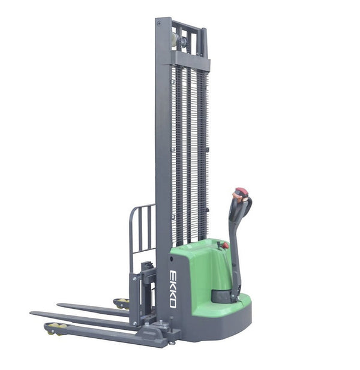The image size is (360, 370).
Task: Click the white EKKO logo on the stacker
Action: [x=173, y=288]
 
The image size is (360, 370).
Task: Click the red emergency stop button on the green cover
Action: [x=226, y=245]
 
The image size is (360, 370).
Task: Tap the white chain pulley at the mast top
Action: [x=174, y=40]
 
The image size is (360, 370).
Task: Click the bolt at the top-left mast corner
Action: [x=160, y=23]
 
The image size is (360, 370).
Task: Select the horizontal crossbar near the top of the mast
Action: [x=191, y=59]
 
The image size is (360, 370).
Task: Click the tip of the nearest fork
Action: [x=34, y=313]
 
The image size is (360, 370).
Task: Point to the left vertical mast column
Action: [x=163, y=150]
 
